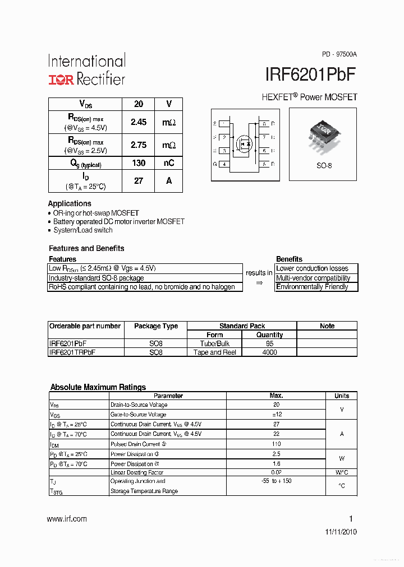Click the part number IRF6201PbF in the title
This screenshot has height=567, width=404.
(x=310, y=76)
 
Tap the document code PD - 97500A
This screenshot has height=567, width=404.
(x=339, y=54)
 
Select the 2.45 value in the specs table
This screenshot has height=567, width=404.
(x=139, y=122)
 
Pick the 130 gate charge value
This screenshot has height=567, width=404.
(x=139, y=163)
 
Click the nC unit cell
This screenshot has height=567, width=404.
(x=169, y=163)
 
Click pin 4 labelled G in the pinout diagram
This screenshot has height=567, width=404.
(x=224, y=164)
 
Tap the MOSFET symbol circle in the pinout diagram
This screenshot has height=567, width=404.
(x=244, y=143)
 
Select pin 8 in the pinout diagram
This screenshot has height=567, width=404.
(x=264, y=123)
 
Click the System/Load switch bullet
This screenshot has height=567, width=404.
(x=82, y=230)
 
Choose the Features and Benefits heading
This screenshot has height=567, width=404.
(x=86, y=248)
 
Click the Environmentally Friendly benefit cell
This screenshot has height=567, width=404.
(x=313, y=287)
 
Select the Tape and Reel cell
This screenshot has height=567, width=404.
(x=214, y=352)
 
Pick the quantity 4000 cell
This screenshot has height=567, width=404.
(x=269, y=352)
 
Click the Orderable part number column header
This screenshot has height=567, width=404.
(x=85, y=326)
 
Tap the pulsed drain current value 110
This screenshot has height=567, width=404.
(x=276, y=444)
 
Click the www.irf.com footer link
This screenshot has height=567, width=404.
(x=67, y=519)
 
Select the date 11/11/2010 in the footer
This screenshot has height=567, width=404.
(x=341, y=532)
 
